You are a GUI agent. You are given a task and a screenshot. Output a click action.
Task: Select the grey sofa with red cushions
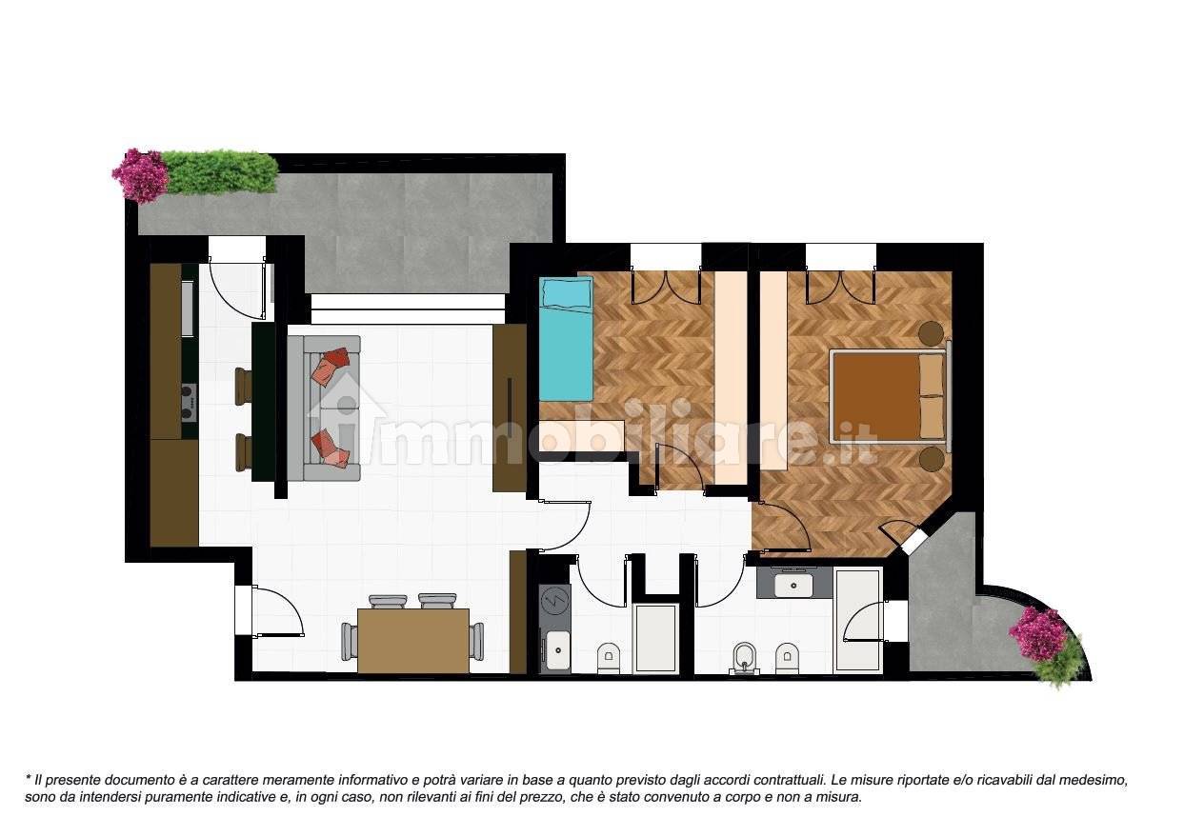(x=324, y=408)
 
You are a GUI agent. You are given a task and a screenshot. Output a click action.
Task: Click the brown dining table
(x=413, y=641)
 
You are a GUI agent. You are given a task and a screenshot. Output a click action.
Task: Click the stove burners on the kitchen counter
(x=188, y=402)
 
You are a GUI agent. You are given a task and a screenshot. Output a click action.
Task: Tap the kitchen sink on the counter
(x=188, y=309)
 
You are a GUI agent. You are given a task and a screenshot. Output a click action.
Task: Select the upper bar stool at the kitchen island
(x=243, y=386)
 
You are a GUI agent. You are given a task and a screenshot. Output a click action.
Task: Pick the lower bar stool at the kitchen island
(x=243, y=451)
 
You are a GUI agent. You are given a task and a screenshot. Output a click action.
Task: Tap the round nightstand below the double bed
(x=931, y=459)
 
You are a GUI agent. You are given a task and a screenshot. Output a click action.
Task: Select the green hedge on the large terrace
(x=221, y=171)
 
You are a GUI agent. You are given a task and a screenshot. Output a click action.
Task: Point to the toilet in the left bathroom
(x=609, y=657)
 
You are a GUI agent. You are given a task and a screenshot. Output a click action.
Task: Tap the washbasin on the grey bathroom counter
(x=793, y=585)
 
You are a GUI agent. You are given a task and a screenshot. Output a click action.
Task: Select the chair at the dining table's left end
(x=350, y=641)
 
